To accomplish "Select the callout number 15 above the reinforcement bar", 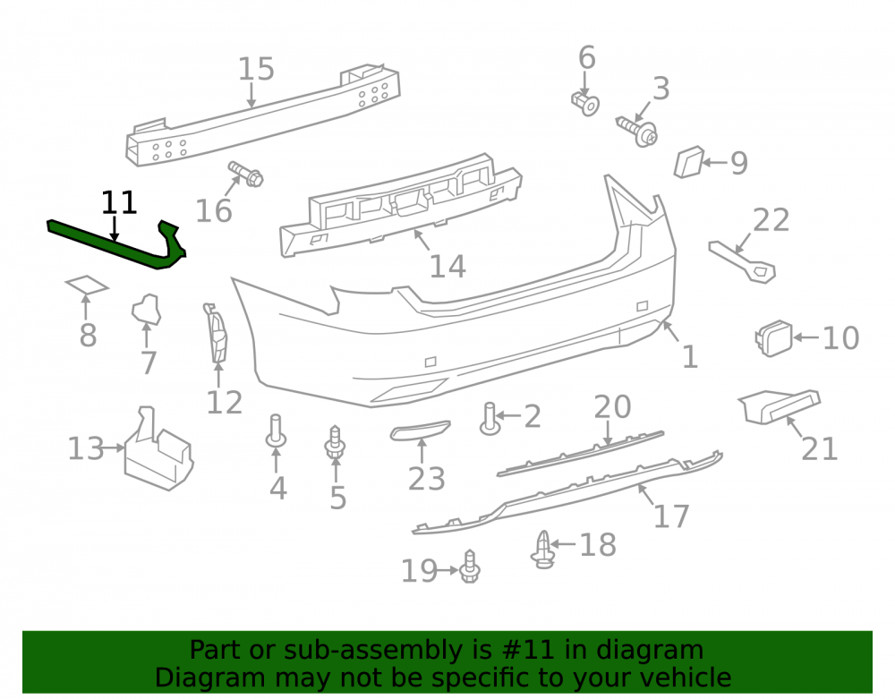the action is [256, 69].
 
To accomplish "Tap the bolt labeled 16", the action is [246, 174].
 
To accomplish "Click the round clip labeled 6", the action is [585, 103].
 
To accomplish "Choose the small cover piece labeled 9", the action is [689, 162].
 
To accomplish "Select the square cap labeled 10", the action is [774, 338].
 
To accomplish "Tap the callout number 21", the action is [820, 449].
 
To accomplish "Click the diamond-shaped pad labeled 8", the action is [87, 285].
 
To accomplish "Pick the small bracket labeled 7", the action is [147, 310].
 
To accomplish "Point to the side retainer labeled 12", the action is [216, 334].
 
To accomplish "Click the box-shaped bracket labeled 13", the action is [158, 451].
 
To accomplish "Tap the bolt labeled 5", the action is [335, 442].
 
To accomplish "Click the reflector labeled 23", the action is [420, 430].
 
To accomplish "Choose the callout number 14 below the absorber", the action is [447, 267].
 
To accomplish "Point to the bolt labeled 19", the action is [470, 567].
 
